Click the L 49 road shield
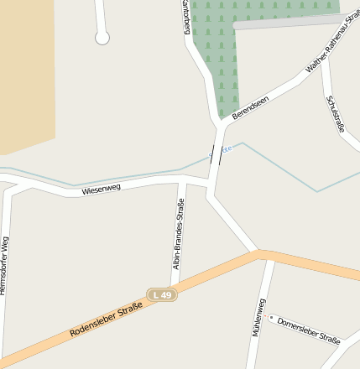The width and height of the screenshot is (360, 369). click(x=162, y=295)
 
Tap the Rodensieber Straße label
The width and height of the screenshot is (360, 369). click(x=106, y=321)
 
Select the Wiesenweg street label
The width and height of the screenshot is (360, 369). click(x=102, y=189)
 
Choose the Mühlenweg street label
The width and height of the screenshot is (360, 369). click(x=258, y=317)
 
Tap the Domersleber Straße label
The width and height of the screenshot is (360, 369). click(x=308, y=330)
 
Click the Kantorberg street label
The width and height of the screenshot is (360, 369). click(x=186, y=17)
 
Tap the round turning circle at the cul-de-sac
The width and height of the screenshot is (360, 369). click(x=102, y=38)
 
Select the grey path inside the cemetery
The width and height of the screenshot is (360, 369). click(x=285, y=22)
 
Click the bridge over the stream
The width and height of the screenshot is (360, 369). click(x=217, y=154)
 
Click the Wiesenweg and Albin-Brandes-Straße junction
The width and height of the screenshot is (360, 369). click(x=181, y=181)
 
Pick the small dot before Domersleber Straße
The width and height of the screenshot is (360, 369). click(x=271, y=318)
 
